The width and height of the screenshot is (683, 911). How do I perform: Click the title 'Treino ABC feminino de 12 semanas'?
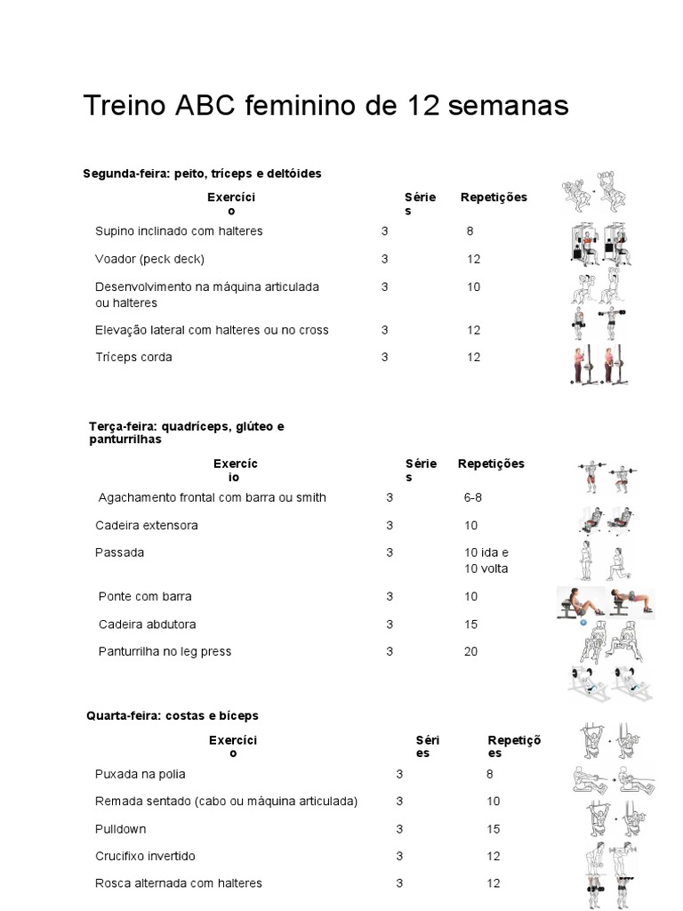click(325, 106)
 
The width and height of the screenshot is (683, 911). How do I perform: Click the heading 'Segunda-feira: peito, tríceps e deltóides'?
click(202, 173)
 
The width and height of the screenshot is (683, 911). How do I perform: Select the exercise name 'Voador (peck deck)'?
click(149, 259)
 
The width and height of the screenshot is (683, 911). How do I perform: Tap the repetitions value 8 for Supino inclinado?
click(470, 231)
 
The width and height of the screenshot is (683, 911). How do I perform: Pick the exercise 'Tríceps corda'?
click(133, 358)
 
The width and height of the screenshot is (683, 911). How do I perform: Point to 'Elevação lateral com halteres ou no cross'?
click(212, 330)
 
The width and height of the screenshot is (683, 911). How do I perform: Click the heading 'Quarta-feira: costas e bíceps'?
click(173, 716)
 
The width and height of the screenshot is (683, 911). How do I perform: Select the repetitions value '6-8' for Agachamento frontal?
click(473, 498)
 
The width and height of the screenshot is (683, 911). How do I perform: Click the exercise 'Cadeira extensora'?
click(147, 526)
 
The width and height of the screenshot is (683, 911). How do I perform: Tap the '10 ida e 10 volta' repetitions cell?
click(486, 560)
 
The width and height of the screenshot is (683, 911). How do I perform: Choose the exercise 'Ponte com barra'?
click(145, 597)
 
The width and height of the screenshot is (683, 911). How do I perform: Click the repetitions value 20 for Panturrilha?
click(470, 652)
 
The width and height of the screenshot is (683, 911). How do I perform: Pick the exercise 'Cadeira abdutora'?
click(148, 625)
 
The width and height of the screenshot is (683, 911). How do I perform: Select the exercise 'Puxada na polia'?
click(140, 775)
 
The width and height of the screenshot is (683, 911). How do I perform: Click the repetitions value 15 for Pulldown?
click(493, 830)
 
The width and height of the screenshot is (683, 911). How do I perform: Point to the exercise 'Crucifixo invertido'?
click(145, 857)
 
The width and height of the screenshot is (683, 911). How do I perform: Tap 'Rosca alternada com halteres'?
click(178, 883)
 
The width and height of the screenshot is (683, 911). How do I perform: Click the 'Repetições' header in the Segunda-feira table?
click(494, 198)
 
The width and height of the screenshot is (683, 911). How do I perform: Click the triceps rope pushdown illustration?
click(599, 365)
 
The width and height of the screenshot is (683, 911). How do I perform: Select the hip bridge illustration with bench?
click(605, 602)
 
